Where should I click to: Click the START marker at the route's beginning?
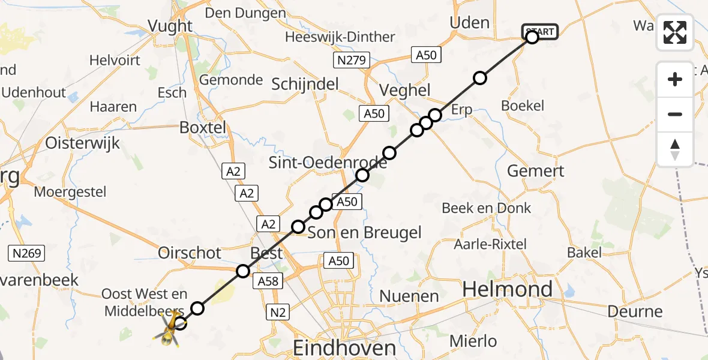[540, 31]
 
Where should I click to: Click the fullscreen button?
[675, 32]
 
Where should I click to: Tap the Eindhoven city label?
[344, 347]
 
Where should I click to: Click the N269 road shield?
[26, 253]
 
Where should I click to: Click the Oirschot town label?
[190, 253]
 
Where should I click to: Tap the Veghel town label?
[405, 91]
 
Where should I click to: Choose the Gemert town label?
[535, 171]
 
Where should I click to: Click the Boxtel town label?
[203, 127]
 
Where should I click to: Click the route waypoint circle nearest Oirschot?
[242, 271]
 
